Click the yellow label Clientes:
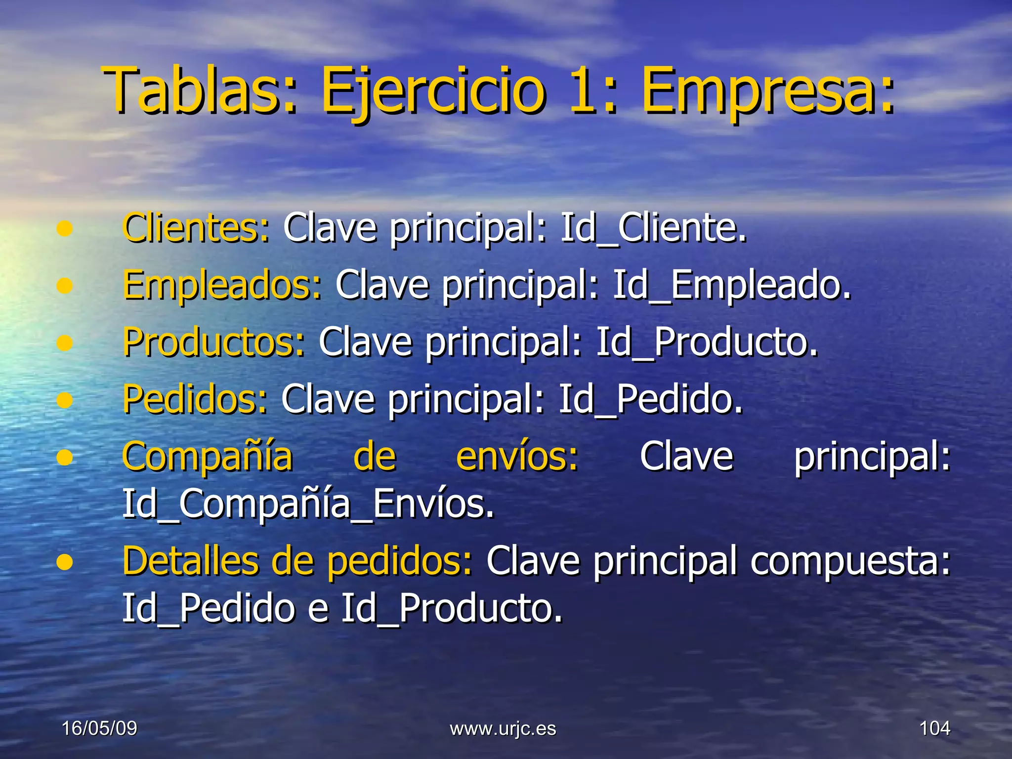coord(196,228)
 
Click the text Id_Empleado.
coord(732,285)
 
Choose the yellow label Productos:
coord(214,342)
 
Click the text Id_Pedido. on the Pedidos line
coord(650,399)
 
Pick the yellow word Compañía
coord(208,457)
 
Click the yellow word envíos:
coord(517,456)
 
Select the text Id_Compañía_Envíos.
coord(308,504)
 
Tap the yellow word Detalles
coord(190,561)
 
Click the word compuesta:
coord(850,562)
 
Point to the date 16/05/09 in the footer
coord(99,728)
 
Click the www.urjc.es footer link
coord(503,729)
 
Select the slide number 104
coord(934,728)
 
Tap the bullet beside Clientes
coord(65,229)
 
